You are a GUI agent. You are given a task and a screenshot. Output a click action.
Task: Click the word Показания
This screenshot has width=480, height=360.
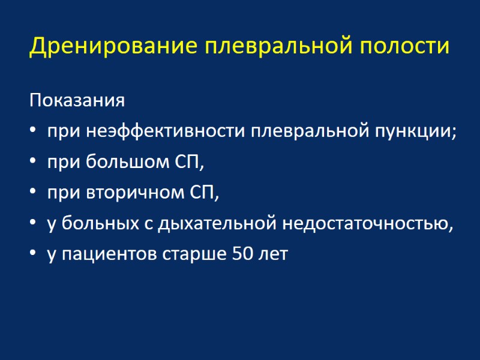[77, 100]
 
